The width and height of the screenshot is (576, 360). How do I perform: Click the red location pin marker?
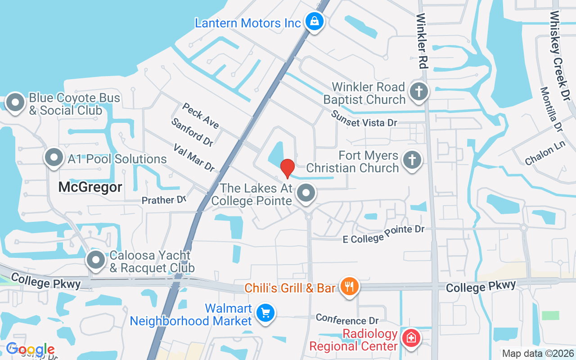[x=287, y=168]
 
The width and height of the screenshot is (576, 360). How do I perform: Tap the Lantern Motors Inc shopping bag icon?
[x=314, y=21]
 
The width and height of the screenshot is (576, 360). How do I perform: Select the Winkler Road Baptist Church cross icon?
[x=418, y=92]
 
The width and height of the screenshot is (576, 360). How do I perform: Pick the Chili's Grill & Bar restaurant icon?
[x=349, y=286]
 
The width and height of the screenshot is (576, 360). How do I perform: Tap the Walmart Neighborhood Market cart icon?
[x=265, y=313]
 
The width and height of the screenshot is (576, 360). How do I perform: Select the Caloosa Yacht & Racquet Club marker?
[x=96, y=260]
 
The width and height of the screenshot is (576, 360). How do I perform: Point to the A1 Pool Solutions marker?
[x=54, y=158]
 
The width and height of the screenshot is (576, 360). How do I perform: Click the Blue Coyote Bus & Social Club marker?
[x=16, y=103]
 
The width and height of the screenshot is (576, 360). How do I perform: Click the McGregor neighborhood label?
[x=90, y=187]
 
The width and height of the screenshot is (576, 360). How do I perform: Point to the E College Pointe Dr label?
[x=383, y=234]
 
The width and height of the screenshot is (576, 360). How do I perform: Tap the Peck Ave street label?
[x=200, y=115]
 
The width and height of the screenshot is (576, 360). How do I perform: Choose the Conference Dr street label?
[x=347, y=320]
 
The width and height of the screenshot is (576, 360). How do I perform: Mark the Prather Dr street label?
[x=164, y=200]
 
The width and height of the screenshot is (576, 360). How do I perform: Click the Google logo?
[x=30, y=349]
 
